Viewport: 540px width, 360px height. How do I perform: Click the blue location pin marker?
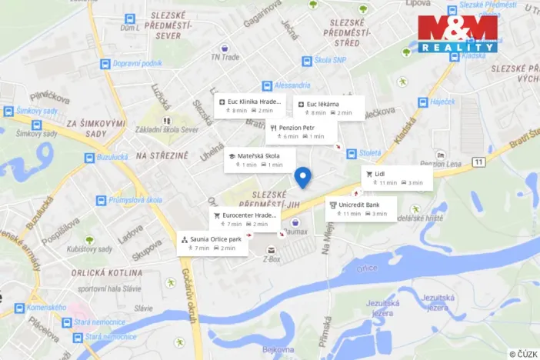(x=303, y=177)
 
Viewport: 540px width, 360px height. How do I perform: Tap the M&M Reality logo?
(x=458, y=33)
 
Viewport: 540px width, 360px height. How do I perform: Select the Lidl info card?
(x=397, y=178)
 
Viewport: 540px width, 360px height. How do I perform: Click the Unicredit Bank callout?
(x=361, y=208)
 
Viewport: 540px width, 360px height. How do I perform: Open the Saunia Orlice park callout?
(x=212, y=243)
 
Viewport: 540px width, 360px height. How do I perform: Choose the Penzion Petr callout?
(x=301, y=132)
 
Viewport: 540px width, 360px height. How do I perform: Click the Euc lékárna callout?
(x=328, y=108)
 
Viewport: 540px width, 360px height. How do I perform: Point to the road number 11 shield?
(x=478, y=162)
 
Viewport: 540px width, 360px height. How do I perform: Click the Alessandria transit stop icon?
(x=267, y=86)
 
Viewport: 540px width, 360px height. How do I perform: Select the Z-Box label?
(x=270, y=260)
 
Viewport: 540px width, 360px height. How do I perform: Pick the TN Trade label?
(x=225, y=56)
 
